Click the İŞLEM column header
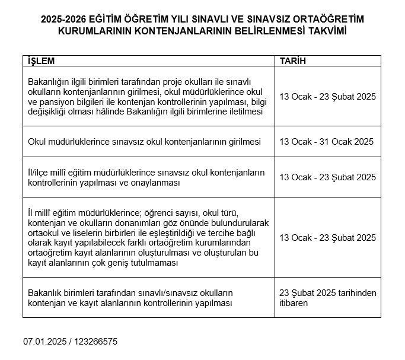pyautogui.click(x=41, y=61)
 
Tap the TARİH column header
pyautogui.click(x=293, y=61)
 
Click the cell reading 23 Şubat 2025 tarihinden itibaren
pyautogui.click(x=327, y=298)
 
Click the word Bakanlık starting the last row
pyautogui.click(x=45, y=293)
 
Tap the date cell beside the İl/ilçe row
pyautogui.click(x=327, y=177)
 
